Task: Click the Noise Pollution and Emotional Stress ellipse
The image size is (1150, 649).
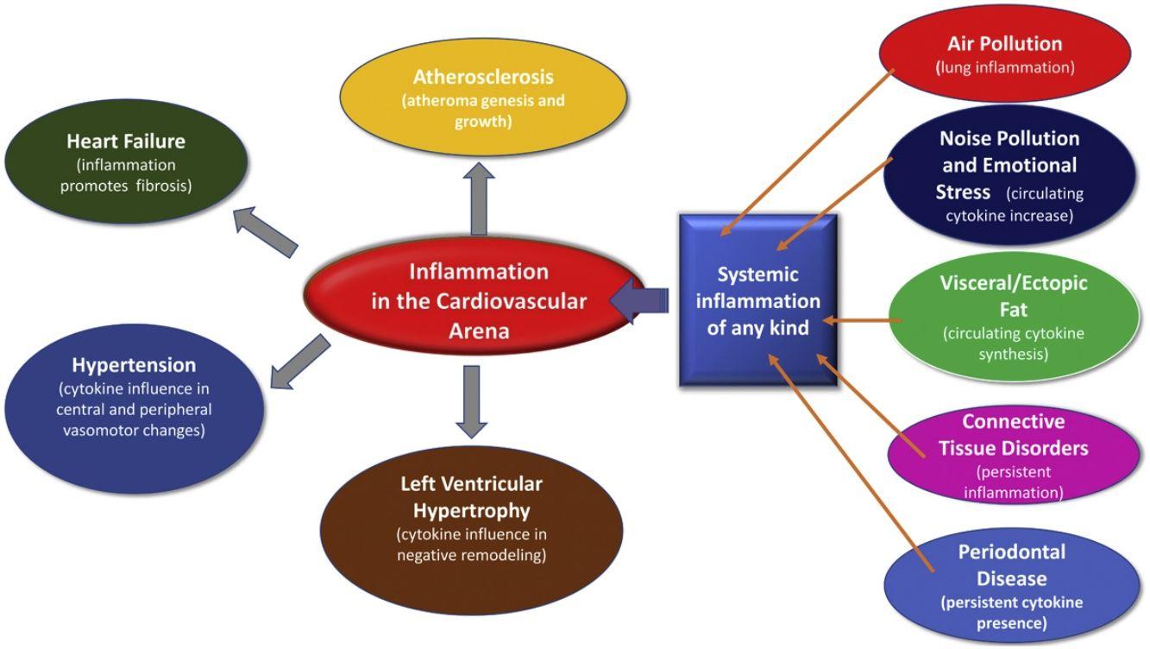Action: pyautogui.click(x=1009, y=176)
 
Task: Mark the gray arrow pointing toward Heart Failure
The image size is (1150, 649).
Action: pyautogui.click(x=267, y=232)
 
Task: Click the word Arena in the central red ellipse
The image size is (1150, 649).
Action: pyautogui.click(x=478, y=331)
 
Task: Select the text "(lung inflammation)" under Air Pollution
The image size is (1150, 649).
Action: pyautogui.click(x=1005, y=67)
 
